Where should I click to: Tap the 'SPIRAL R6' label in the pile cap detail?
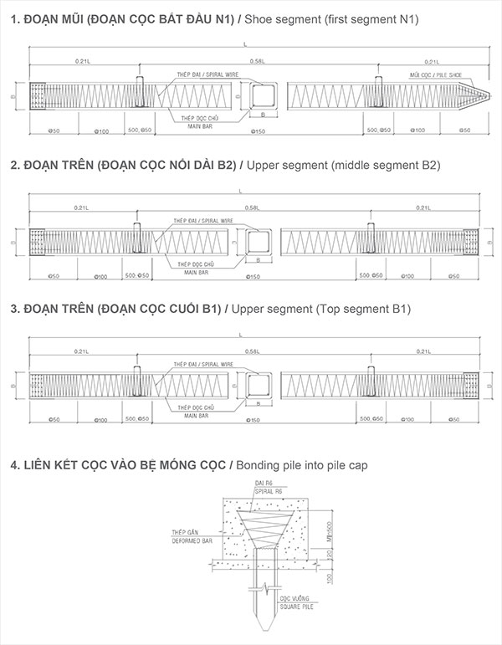coord(267,493)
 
